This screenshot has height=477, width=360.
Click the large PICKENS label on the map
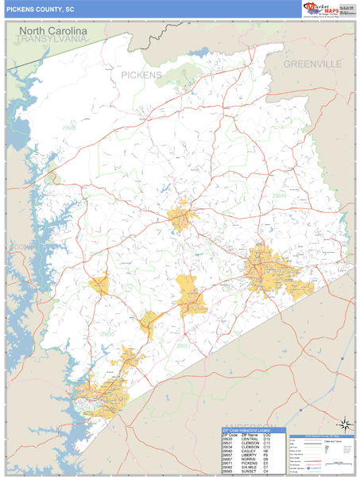click(x=141, y=75)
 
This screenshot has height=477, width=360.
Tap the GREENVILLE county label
click(x=312, y=63)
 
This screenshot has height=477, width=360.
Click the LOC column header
click(x=266, y=436)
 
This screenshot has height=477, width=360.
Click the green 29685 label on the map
click(x=69, y=127)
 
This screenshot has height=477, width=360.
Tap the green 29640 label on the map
click(x=279, y=195)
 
